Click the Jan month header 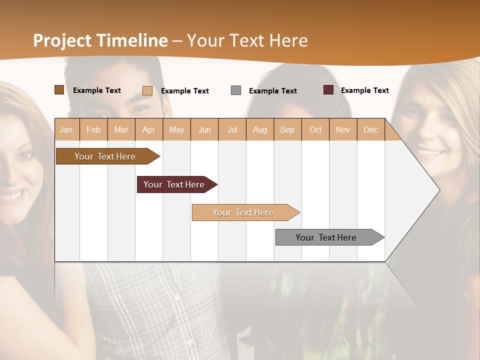tap(66, 129)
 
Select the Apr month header tap(148, 129)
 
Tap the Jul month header tap(232, 129)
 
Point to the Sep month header tap(287, 129)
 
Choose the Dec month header tap(370, 129)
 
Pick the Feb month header tap(93, 129)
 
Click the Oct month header tap(315, 129)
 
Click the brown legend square tap(59, 90)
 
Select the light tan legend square tap(147, 90)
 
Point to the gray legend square tap(236, 90)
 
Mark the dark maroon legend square tap(328, 90)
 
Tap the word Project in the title tap(62, 40)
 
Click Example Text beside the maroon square tap(364, 90)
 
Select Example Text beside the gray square tap(272, 91)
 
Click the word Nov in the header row tap(342, 129)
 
